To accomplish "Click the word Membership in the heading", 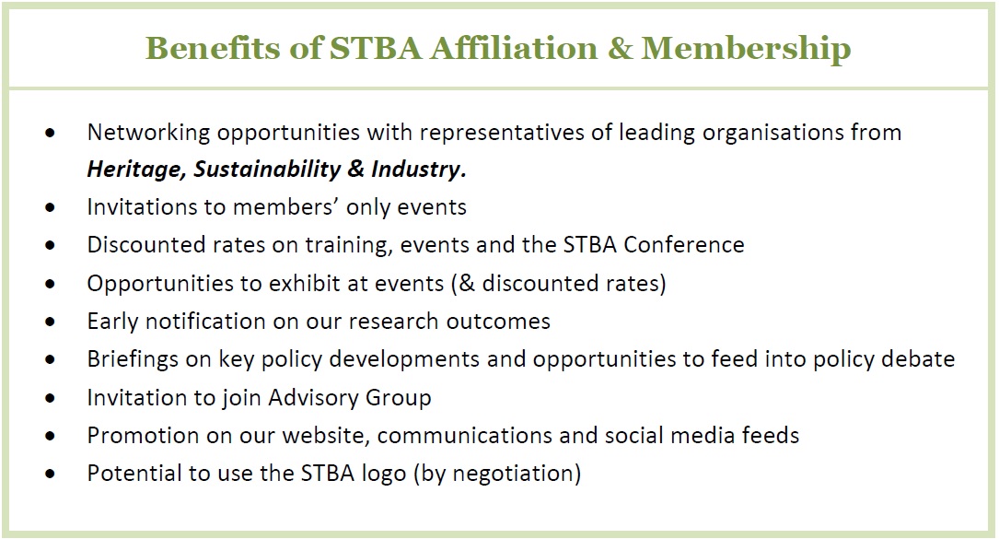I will [x=746, y=48].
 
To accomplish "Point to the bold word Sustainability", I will [x=276, y=170].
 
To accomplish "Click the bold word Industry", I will [x=419, y=170].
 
